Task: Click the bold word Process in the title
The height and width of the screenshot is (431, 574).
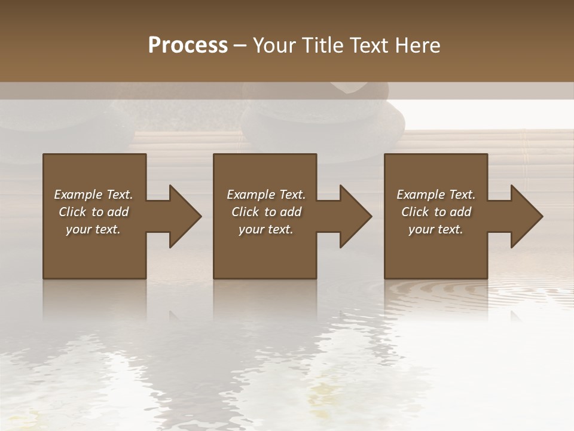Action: point(188,45)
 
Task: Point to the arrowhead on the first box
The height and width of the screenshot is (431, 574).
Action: point(185,216)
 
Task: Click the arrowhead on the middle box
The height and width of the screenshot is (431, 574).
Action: point(356,216)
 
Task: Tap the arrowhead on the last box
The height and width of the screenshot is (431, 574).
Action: point(527,216)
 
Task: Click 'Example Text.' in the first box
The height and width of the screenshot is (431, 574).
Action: point(93,195)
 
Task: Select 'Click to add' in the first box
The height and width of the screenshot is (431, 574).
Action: point(93,212)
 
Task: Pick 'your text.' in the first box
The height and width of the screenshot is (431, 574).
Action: point(93,229)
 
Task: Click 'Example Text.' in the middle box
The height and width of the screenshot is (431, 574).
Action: point(266,195)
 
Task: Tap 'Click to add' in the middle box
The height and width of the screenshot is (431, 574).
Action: point(266,212)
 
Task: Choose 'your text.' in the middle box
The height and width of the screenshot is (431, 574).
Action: point(266,229)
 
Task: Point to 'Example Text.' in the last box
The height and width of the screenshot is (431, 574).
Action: point(436,195)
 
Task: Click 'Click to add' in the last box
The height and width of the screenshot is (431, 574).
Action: point(436,212)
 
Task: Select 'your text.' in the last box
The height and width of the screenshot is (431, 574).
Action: point(436,229)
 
